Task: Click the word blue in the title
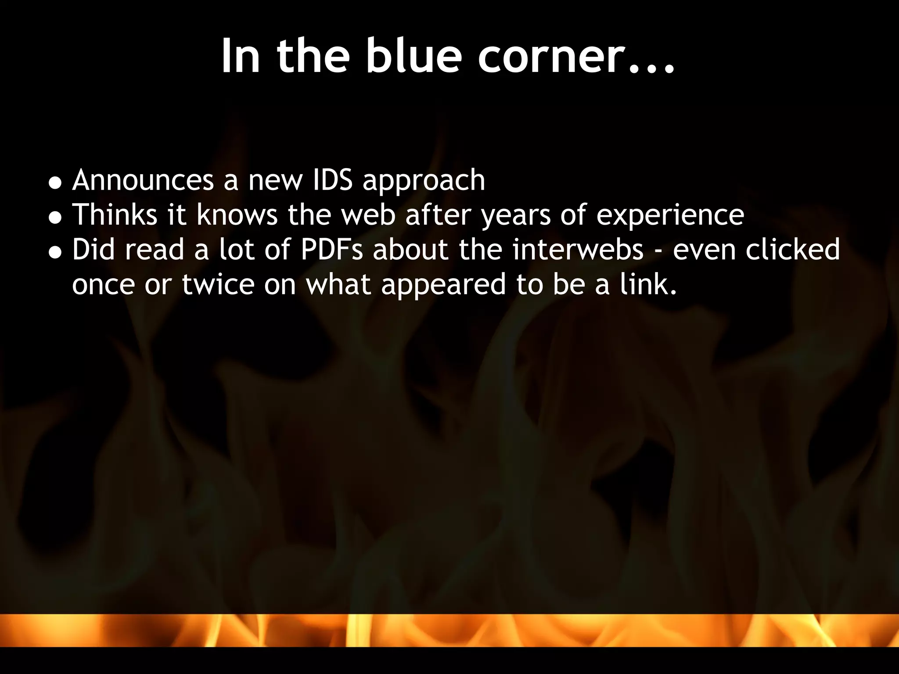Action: pos(413,56)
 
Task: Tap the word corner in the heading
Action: pos(550,56)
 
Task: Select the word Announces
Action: pos(143,180)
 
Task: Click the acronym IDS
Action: pos(332,180)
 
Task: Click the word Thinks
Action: pos(115,215)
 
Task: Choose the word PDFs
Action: pos(332,250)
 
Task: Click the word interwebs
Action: pos(578,250)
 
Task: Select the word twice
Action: pos(218,284)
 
